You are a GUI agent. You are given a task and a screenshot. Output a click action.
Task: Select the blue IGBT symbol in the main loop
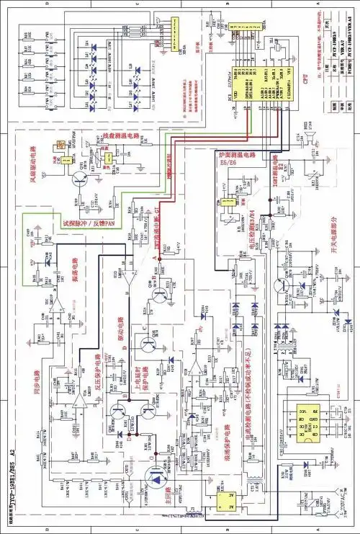pyautogui.click(x=154, y=476)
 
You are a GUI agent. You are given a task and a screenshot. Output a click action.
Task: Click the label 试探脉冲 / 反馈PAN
pyautogui.click(x=90, y=223)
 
